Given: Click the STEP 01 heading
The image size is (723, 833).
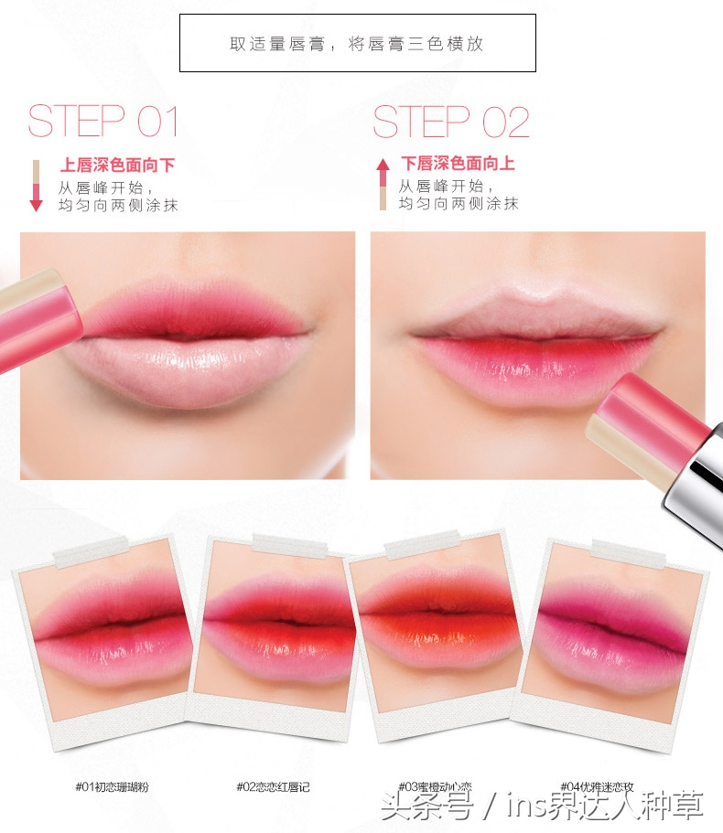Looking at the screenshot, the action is point(103,121).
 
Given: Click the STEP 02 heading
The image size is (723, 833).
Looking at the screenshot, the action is point(451,121).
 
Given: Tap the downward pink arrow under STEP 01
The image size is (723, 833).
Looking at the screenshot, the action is point(37,186).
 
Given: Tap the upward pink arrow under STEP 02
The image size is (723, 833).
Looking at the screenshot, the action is point(383,184).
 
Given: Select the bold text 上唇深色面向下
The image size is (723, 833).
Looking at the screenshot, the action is point(117,165).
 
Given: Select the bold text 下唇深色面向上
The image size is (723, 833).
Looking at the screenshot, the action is point(458,163).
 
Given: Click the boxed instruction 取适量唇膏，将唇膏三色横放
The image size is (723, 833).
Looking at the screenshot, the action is point(357,44).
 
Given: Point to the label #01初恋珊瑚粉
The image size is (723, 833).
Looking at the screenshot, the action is point(113,786).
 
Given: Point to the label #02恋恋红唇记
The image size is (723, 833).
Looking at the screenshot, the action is point(273,786).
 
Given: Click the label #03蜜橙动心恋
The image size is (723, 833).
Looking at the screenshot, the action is point(435,786).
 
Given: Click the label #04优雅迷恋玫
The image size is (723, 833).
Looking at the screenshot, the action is point(597,786).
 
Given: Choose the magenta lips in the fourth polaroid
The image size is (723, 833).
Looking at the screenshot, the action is point(611,631).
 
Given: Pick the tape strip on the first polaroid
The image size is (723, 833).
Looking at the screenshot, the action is point(91,552).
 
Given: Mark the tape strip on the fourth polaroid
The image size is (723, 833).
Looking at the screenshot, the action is point(629,554).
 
